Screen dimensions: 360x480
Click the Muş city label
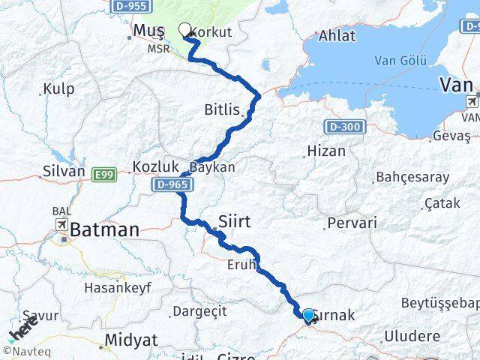(148, 30)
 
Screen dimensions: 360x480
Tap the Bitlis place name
(222, 109)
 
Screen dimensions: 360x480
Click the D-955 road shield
(129, 5)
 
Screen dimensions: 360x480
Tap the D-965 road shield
(171, 183)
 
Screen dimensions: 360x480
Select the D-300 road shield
(344, 127)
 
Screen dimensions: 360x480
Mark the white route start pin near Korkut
(185, 31)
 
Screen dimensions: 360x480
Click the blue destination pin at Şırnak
(307, 316)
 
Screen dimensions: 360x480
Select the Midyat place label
(131, 339)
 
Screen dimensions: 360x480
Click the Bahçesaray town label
(412, 178)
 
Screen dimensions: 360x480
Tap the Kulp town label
(58, 89)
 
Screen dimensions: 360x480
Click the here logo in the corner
(22, 328)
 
